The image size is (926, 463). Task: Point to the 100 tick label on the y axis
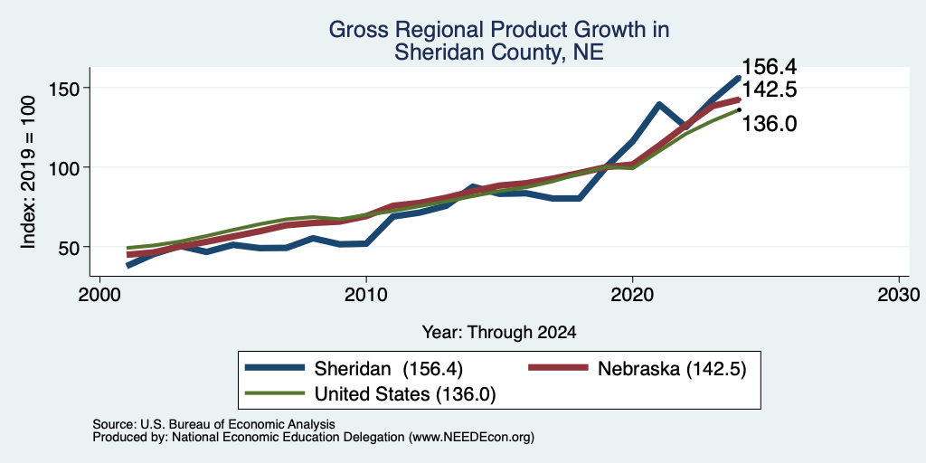point(64,167)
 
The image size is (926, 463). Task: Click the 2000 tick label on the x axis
point(99,295)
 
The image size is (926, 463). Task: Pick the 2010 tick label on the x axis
point(366,295)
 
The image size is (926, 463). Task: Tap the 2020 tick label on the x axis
point(632,295)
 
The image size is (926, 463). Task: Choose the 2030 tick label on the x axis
point(899,295)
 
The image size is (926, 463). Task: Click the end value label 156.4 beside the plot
point(769,67)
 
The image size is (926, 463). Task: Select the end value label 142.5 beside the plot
point(769,90)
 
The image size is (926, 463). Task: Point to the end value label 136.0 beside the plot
point(769,124)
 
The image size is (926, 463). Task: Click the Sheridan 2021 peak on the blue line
point(659,105)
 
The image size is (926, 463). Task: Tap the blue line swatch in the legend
point(276,368)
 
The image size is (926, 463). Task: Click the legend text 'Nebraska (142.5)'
point(672,369)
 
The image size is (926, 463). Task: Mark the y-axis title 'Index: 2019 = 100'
point(28,172)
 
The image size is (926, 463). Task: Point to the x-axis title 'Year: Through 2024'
point(499,333)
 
